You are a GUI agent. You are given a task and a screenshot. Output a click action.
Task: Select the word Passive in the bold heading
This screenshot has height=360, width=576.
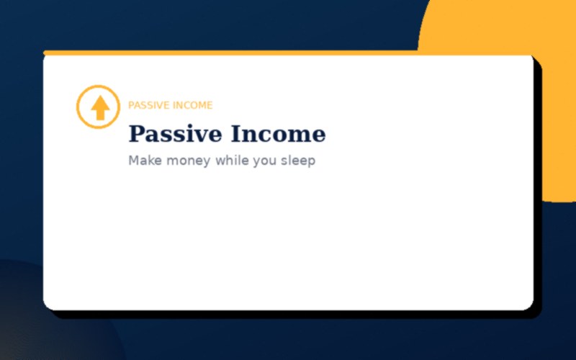tap(176, 135)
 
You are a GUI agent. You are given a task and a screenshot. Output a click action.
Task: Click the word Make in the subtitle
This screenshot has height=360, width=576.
tap(144, 161)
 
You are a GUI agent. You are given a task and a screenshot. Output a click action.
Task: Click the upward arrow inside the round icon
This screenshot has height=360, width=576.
tap(100, 108)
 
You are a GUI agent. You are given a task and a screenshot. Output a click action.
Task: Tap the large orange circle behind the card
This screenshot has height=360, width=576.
tap(504, 29)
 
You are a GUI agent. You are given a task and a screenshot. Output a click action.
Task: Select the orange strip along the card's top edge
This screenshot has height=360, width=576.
tap(216, 53)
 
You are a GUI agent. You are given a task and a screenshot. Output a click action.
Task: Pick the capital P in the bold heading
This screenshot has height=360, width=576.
tap(137, 135)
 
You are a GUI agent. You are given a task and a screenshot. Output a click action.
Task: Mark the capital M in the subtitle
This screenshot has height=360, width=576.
tap(134, 161)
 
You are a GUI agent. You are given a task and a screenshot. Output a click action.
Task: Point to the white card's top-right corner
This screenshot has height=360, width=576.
tap(531, 58)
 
